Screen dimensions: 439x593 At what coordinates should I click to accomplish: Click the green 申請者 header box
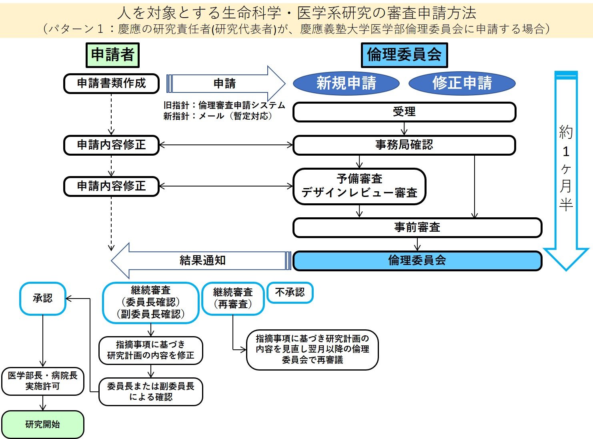[x=112, y=55]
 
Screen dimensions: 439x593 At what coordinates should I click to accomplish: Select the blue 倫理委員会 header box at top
[x=404, y=55]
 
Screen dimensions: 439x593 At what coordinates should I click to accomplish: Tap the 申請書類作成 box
[x=111, y=83]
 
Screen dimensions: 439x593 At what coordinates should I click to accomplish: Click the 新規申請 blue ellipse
[x=346, y=83]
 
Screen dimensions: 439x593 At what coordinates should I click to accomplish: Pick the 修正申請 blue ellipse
[x=462, y=83]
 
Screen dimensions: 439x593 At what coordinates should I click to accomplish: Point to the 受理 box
[x=404, y=112]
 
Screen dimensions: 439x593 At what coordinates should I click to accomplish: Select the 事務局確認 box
[x=404, y=145]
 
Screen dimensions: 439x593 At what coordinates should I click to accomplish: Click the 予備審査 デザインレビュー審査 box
[x=359, y=186]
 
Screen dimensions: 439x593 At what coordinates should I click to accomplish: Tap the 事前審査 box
[x=417, y=228]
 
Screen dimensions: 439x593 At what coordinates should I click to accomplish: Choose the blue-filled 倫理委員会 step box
[x=417, y=261]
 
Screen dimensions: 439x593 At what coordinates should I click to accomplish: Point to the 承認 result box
[x=43, y=299]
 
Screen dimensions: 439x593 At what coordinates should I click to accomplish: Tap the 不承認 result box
[x=290, y=293]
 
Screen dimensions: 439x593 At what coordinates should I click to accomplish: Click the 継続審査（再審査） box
[x=233, y=299]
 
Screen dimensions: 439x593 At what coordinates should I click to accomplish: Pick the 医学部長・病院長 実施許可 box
[x=43, y=381]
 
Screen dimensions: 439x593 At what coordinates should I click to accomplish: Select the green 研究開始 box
[x=43, y=424]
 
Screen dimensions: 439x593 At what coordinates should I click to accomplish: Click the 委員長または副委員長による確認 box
[x=151, y=391]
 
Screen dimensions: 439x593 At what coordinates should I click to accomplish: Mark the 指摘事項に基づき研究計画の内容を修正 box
[x=151, y=350]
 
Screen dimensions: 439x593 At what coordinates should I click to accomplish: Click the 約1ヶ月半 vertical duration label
[x=566, y=168]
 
